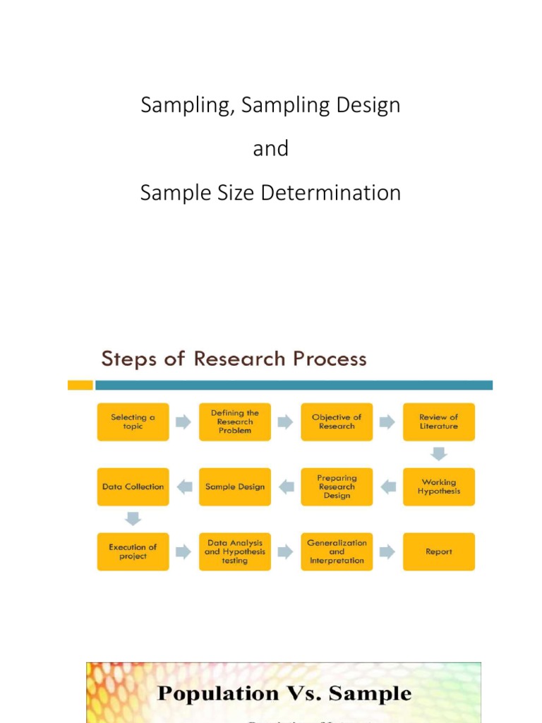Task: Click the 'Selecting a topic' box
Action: point(133,422)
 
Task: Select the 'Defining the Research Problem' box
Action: point(235,422)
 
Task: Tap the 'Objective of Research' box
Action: point(337,422)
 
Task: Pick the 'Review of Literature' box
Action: point(439,422)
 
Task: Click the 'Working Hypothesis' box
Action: point(439,486)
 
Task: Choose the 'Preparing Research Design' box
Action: point(337,486)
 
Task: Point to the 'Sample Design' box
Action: point(235,486)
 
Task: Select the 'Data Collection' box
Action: point(133,486)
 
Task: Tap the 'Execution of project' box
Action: point(133,551)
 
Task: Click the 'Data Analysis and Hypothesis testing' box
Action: point(235,551)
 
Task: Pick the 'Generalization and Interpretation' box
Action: point(337,551)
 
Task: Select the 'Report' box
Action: point(439,551)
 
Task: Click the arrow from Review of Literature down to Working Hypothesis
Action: point(439,454)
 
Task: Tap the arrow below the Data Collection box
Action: point(133,519)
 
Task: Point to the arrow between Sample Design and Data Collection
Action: point(184,486)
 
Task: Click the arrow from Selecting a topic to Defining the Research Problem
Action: point(183,422)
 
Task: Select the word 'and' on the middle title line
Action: point(271,148)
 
